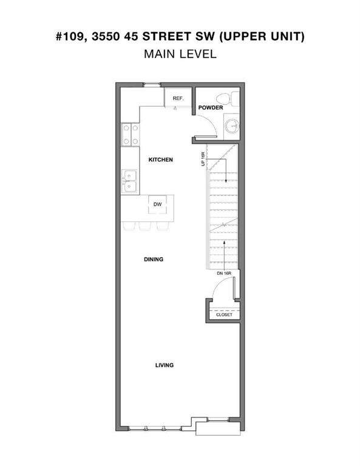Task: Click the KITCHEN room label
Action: pyautogui.click(x=160, y=160)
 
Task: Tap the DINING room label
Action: pyautogui.click(x=154, y=259)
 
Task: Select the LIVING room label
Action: pyautogui.click(x=165, y=365)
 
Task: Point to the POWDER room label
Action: pyautogui.click(x=211, y=107)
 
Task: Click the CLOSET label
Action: pyautogui.click(x=224, y=314)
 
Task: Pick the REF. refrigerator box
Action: pyautogui.click(x=178, y=98)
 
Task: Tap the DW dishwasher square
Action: pyautogui.click(x=158, y=204)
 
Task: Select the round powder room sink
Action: pyautogui.click(x=231, y=126)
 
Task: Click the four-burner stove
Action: pyautogui.click(x=131, y=135)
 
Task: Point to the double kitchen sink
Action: pyautogui.click(x=129, y=181)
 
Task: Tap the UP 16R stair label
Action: pyautogui.click(x=203, y=159)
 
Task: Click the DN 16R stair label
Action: pyautogui.click(x=224, y=273)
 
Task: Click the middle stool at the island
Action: pyautogui.click(x=144, y=226)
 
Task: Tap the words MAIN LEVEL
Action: pyautogui.click(x=180, y=54)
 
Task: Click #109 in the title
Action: pyautogui.click(x=72, y=36)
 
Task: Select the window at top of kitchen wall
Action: pyautogui.click(x=152, y=86)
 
